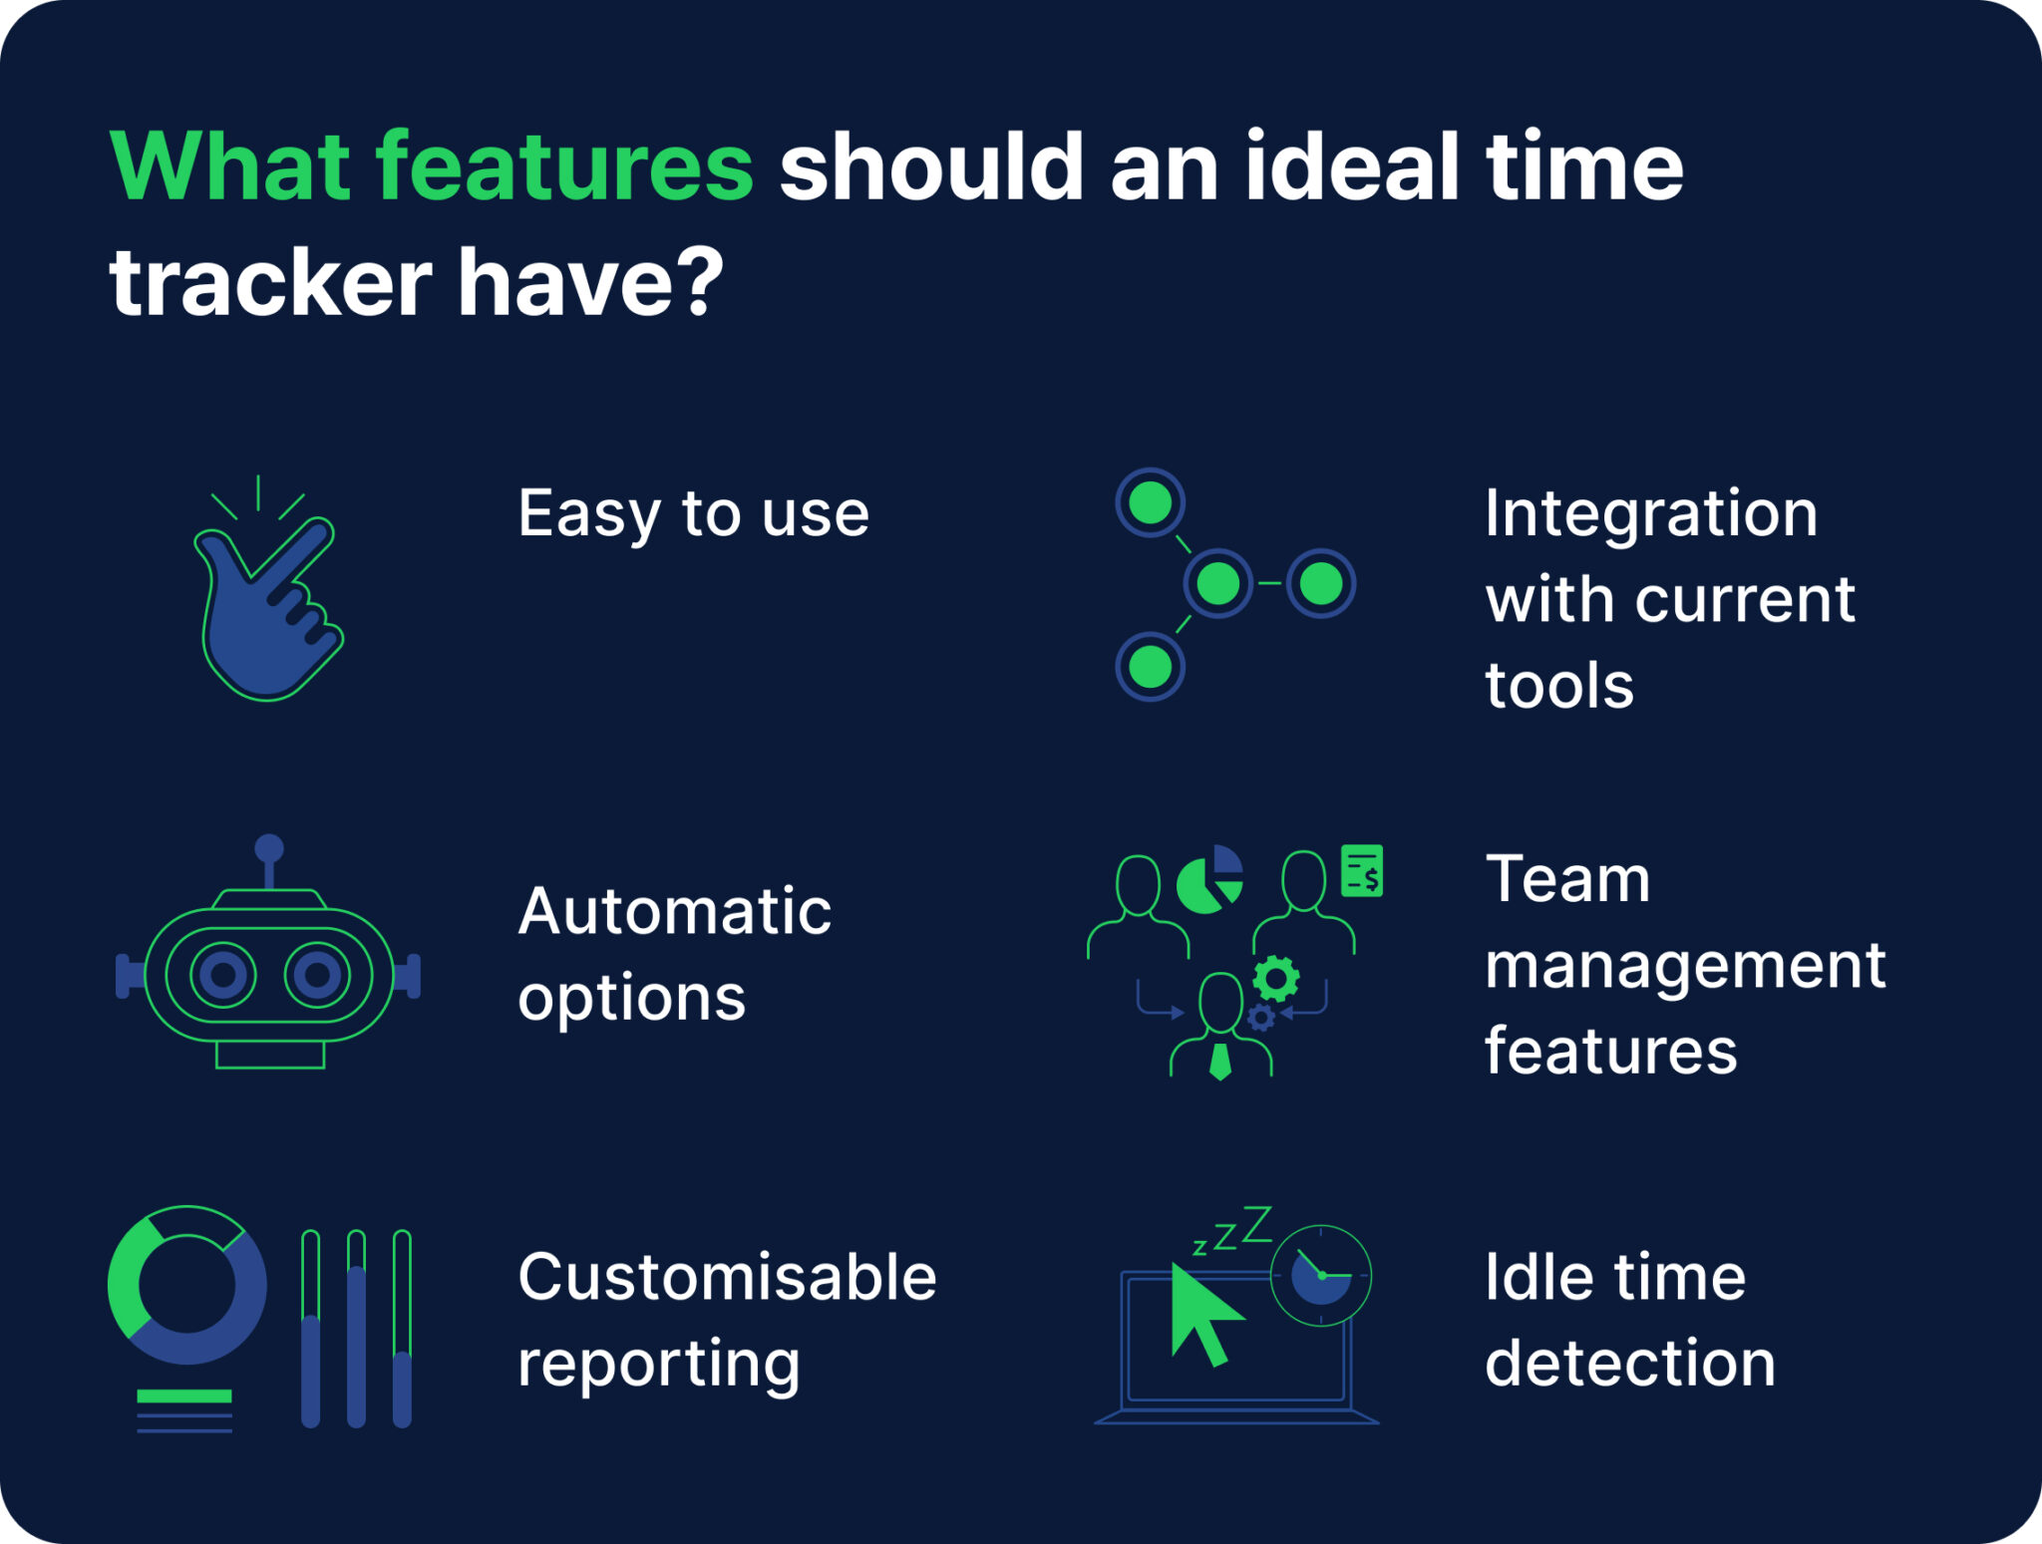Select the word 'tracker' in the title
tap(270, 283)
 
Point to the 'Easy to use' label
tap(693, 514)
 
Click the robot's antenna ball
tap(269, 849)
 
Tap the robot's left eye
tap(223, 974)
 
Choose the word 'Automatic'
tap(675, 911)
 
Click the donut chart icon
tap(186, 1285)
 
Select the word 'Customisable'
tap(727, 1277)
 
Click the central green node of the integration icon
tap(1217, 583)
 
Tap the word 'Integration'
tap(1651, 514)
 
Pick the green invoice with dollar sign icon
tap(1362, 870)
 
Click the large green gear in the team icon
tap(1276, 978)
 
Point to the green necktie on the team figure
tap(1220, 1062)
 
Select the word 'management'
tap(1685, 965)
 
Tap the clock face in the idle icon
tap(1321, 1275)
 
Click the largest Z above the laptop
tap(1257, 1224)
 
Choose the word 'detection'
tap(1630, 1363)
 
